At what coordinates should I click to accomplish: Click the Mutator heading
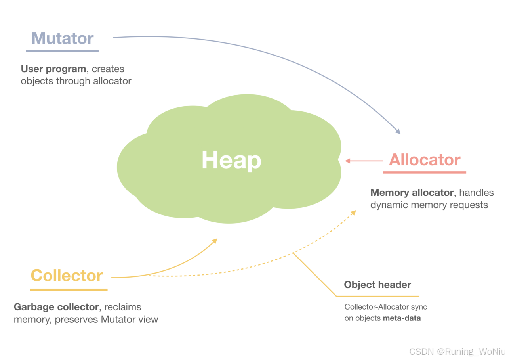click(63, 38)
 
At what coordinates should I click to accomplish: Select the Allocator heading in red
click(425, 160)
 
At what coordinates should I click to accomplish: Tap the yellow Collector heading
click(67, 276)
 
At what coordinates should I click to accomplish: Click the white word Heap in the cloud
click(231, 160)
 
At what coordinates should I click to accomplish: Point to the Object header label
click(377, 285)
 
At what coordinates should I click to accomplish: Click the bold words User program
click(53, 69)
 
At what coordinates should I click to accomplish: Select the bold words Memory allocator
click(412, 193)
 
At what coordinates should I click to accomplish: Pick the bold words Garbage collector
click(56, 307)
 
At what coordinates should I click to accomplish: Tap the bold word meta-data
click(402, 318)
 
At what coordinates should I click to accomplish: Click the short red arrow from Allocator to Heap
click(364, 161)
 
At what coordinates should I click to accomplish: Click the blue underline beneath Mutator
click(62, 51)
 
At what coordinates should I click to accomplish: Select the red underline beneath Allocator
click(425, 172)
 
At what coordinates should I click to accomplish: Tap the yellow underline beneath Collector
click(69, 290)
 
